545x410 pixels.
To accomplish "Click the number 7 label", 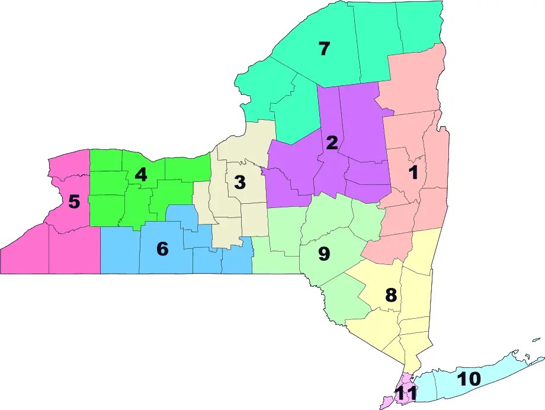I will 323,49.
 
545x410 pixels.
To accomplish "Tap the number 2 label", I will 332,142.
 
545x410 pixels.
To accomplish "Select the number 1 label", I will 413,172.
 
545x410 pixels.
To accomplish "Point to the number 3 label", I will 239,182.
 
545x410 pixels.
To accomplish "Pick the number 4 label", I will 140,175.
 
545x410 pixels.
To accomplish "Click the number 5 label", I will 73,201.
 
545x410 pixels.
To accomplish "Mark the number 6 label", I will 162,249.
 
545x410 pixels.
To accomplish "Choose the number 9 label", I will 323,254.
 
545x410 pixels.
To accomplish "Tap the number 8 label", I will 391,295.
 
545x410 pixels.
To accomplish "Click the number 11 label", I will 406,393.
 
